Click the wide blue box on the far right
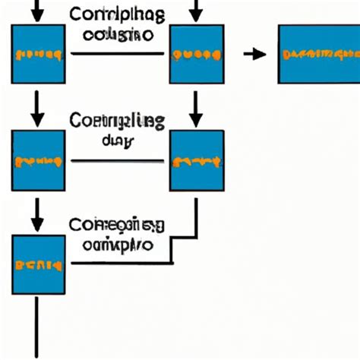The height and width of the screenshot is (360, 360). [x=319, y=54]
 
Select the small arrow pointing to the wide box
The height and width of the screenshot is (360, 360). [x=254, y=54]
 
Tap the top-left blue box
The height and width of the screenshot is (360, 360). [x=37, y=54]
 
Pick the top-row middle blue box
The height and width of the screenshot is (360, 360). [x=197, y=54]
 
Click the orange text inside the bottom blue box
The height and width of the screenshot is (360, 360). [x=37, y=265]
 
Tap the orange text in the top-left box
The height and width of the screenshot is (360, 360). [x=37, y=55]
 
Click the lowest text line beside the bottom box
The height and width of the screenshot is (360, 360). [x=116, y=245]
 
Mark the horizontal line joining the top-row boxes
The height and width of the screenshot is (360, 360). [x=118, y=54]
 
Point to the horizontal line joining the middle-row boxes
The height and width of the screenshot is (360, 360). [x=118, y=161]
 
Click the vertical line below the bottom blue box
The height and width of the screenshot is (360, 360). [x=36, y=327]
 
